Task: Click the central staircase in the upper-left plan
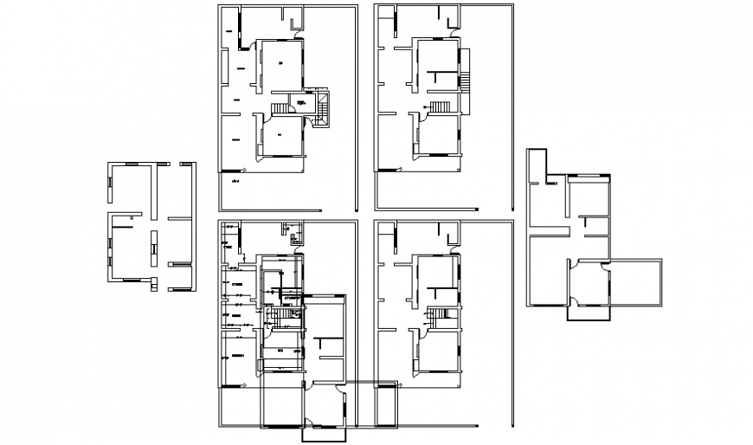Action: click(283, 109)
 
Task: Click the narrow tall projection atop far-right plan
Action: click(538, 164)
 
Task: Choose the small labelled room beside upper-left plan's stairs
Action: click(301, 104)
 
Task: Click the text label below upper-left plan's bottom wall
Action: click(234, 183)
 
